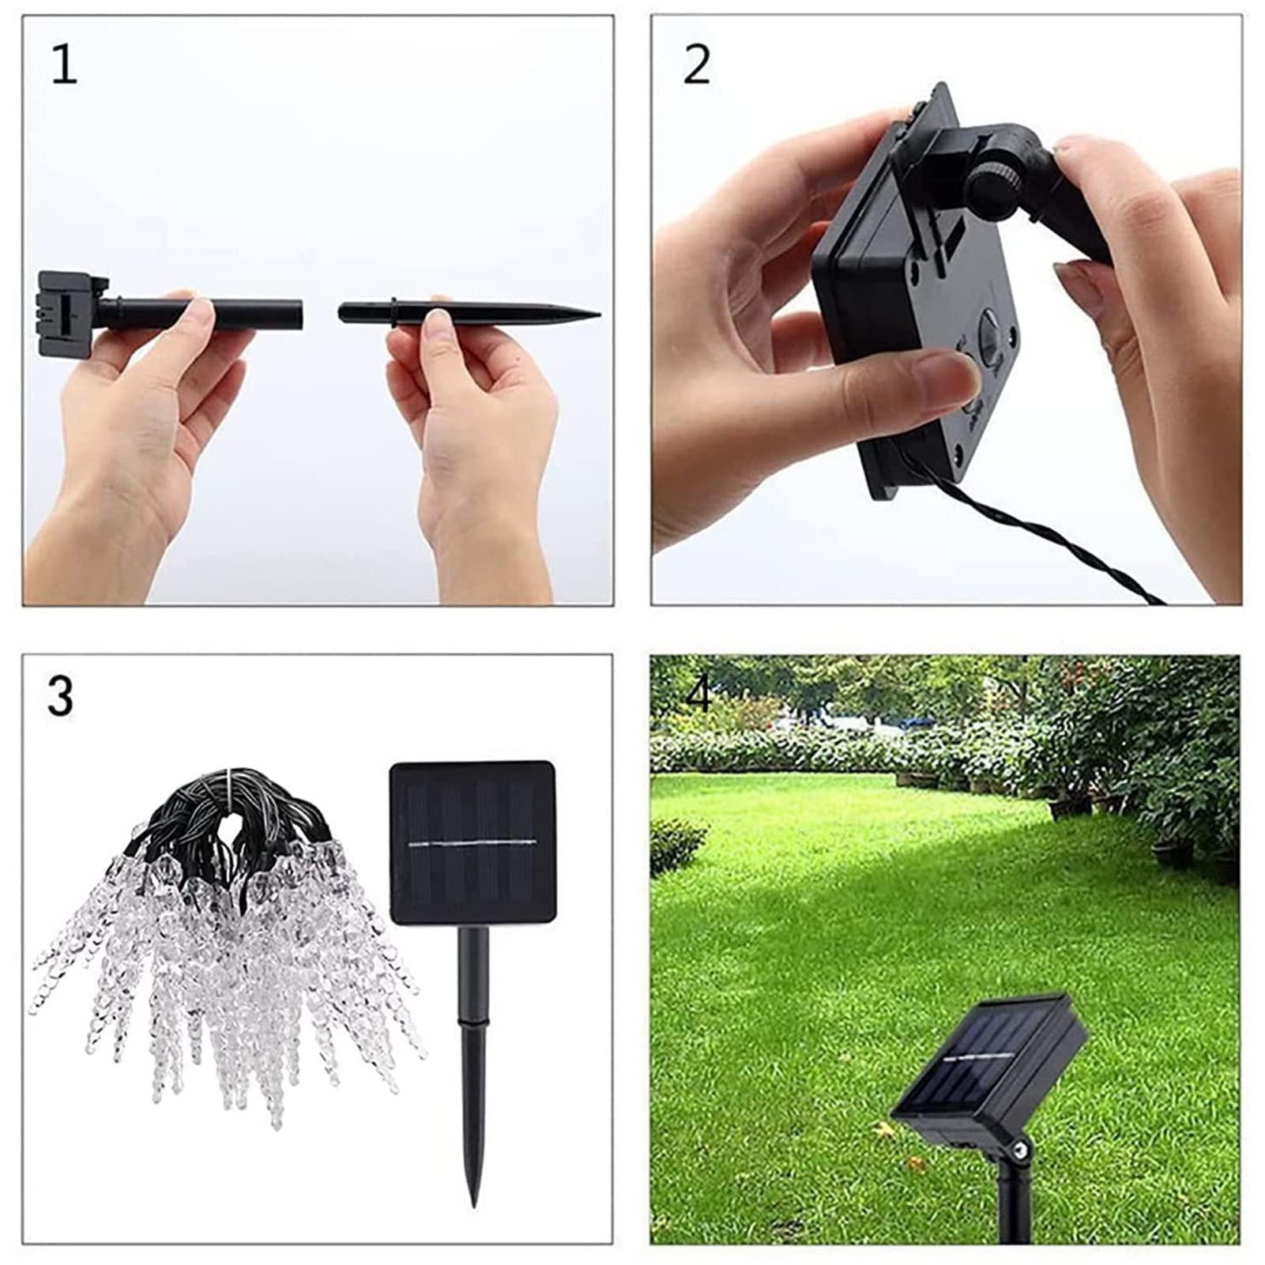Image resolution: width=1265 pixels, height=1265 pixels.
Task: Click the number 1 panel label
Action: pos(65,66)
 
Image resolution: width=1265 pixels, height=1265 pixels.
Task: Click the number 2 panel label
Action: pos(696,65)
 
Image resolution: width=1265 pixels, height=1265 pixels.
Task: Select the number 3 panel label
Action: pos(60,696)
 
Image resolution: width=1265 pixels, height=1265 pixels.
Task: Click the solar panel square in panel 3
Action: pos(472,841)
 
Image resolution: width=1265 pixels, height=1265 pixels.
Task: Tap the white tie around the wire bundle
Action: pos(230,777)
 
